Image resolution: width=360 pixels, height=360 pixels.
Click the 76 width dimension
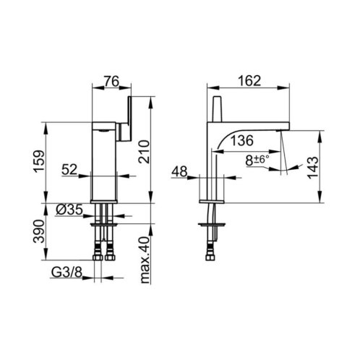(111, 81)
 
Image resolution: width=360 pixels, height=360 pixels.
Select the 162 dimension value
(249, 81)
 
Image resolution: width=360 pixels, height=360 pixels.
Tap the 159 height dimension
(39, 161)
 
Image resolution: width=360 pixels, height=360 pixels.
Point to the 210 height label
(145, 152)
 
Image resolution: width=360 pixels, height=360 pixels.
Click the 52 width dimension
(69, 169)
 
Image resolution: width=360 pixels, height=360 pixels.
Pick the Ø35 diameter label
(69, 210)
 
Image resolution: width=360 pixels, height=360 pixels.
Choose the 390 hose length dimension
(39, 231)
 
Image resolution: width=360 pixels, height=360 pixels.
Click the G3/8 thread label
(67, 273)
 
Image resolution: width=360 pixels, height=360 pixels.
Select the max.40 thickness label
(145, 260)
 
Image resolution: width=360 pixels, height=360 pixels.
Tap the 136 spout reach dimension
(242, 140)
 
